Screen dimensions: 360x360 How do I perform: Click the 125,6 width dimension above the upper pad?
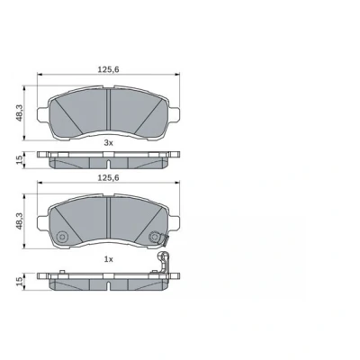[x=109, y=69]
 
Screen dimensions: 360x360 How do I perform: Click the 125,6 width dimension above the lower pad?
[x=109, y=177]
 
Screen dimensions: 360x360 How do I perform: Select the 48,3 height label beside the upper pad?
[x=20, y=112]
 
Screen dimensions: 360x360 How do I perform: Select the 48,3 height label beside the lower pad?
[x=20, y=220]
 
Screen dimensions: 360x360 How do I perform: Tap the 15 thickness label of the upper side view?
[x=20, y=159]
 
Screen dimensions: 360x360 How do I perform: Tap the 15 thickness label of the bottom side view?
[x=20, y=281]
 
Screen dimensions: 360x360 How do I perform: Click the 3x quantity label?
[x=108, y=143]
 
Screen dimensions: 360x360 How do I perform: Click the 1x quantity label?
[x=108, y=259]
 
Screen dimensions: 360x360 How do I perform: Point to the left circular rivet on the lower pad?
[x=62, y=237]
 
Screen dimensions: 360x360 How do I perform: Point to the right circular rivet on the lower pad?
[x=154, y=237]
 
